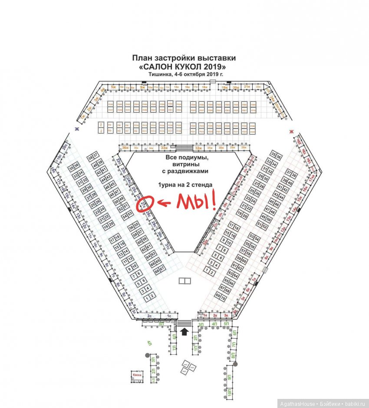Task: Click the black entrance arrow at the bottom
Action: point(184,332)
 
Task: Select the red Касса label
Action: point(136,373)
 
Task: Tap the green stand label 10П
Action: point(229,393)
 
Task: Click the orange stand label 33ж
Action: point(164,148)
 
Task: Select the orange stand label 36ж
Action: point(125,148)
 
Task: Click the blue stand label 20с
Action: point(64,147)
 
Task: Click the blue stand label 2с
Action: point(150,317)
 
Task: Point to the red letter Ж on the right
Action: point(292,131)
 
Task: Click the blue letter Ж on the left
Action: point(76,129)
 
